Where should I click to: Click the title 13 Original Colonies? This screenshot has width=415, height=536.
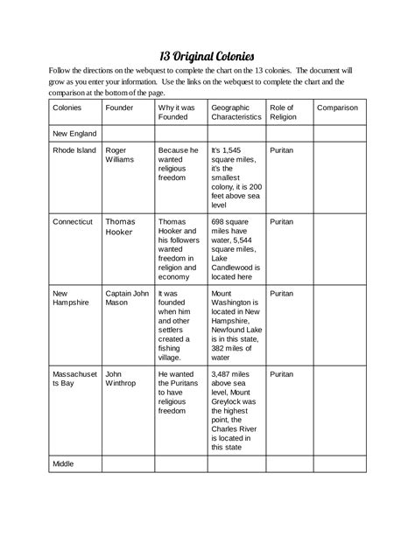[x=207, y=55]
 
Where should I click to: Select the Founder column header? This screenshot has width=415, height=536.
[x=119, y=108]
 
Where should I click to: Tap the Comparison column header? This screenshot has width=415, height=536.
[x=337, y=108]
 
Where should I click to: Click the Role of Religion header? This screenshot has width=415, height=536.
[x=283, y=112]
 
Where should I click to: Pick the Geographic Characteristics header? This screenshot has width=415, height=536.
[x=236, y=112]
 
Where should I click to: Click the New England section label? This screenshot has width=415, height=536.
[x=74, y=134]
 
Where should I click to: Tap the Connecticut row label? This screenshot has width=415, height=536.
[x=73, y=222]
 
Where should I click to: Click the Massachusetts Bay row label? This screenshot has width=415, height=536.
[x=74, y=378]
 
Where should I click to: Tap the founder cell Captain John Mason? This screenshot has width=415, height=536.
[x=126, y=297]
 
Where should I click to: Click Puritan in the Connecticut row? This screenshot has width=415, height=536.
[x=282, y=222]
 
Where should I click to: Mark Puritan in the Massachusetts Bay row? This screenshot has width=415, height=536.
[x=282, y=372]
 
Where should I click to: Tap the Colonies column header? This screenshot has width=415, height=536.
[x=68, y=108]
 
